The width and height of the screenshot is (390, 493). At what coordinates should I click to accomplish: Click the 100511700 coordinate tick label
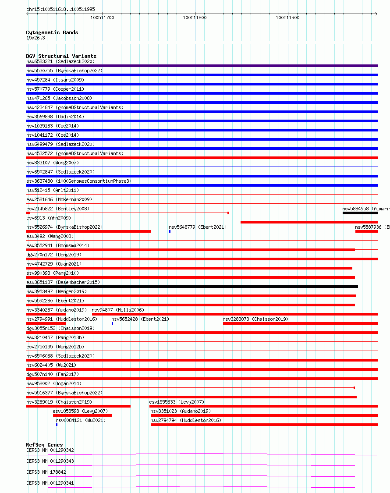click(x=102, y=18)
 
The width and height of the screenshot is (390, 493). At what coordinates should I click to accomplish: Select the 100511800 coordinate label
click(x=195, y=18)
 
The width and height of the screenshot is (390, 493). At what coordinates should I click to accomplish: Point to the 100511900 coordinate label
click(x=287, y=18)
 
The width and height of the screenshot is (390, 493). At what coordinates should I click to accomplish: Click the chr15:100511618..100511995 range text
click(x=60, y=9)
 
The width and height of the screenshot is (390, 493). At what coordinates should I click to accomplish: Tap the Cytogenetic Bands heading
click(x=52, y=32)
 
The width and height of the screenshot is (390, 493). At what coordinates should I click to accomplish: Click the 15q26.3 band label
click(x=35, y=38)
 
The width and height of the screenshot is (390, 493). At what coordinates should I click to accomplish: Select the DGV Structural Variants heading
click(x=61, y=56)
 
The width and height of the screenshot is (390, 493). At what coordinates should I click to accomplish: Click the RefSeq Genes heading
click(x=44, y=445)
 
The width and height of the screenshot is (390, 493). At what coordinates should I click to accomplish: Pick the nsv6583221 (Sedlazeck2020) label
click(x=60, y=61)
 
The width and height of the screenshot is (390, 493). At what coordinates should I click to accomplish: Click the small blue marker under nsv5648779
click(x=170, y=231)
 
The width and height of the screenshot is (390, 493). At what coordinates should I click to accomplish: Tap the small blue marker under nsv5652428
click(x=112, y=323)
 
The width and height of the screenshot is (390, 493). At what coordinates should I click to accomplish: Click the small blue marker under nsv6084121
click(x=57, y=424)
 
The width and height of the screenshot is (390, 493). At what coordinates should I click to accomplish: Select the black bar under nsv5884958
click(x=360, y=213)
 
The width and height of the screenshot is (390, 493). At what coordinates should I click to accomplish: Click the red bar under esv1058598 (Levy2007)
click(x=82, y=415)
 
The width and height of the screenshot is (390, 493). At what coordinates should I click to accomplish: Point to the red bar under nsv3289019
click(x=78, y=406)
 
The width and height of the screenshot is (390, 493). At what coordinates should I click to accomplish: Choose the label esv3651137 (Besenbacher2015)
click(x=63, y=282)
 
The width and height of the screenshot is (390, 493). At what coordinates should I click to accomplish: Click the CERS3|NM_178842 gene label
click(x=46, y=472)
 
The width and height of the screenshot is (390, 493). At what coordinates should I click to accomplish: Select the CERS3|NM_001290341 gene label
click(x=50, y=483)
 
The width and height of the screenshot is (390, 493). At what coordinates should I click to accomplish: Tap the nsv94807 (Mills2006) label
click(x=118, y=310)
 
